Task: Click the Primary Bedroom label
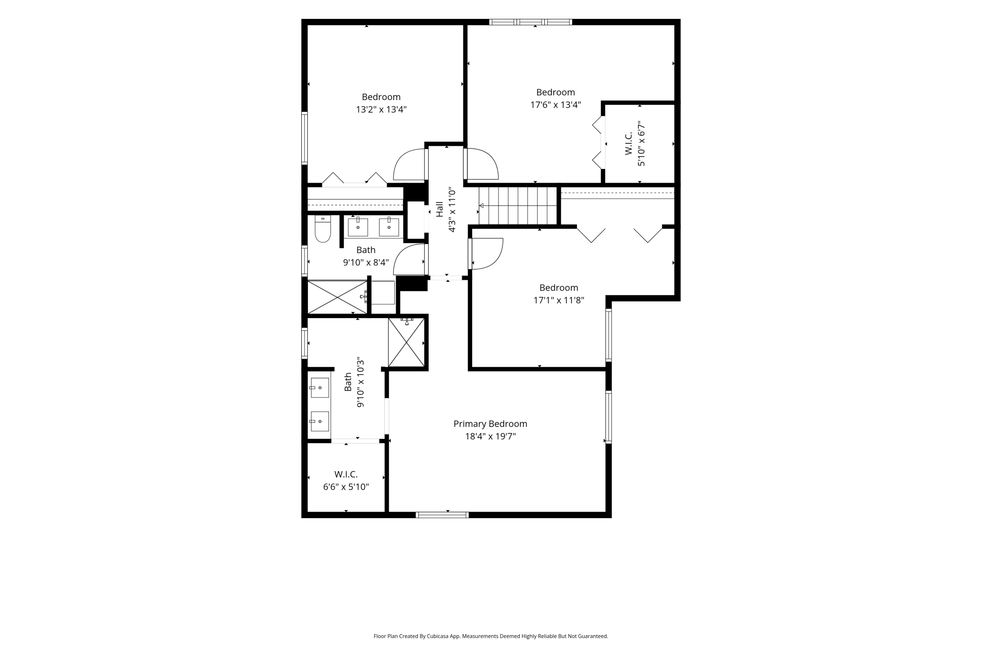[490, 424]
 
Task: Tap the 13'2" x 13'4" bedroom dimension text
[381, 109]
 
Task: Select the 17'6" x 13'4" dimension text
[555, 105]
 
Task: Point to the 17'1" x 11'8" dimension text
[559, 300]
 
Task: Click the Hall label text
[440, 209]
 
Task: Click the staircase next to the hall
[518, 206]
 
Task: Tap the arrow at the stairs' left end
[482, 206]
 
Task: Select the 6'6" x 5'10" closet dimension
[346, 487]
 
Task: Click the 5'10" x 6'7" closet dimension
[641, 143]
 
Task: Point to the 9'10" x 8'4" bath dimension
[366, 262]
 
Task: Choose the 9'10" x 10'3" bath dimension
[360, 382]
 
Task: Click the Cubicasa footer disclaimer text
[491, 636]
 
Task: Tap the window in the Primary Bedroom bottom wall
[442, 515]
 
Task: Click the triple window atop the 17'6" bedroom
[531, 22]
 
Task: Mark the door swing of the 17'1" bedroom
[486, 254]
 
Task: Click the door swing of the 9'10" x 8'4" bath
[409, 259]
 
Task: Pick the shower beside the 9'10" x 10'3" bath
[406, 342]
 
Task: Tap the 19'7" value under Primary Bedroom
[504, 436]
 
